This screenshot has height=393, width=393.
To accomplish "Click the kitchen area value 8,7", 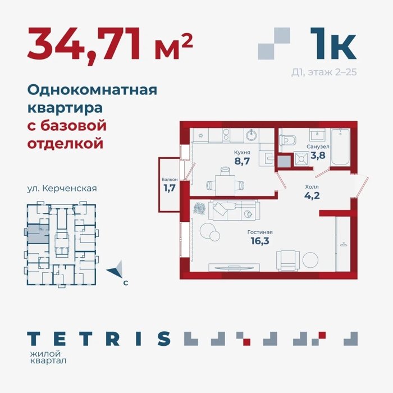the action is click(x=242, y=161).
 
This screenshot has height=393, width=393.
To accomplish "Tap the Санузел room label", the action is click(x=318, y=147).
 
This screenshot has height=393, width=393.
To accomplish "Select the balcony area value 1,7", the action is click(x=170, y=188).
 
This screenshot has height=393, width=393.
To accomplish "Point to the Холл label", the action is click(x=312, y=187).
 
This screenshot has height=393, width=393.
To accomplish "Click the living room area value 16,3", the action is click(x=260, y=241).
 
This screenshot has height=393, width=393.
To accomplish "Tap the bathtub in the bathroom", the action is click(x=340, y=147).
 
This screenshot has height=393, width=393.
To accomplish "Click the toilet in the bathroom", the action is click(x=287, y=140).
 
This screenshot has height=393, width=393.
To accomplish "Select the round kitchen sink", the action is click(x=251, y=136).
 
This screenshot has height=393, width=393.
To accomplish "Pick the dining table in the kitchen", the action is click(x=225, y=185).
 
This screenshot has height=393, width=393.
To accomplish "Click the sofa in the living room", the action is click(x=236, y=211).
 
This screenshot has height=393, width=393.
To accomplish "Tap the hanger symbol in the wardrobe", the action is click(x=344, y=244).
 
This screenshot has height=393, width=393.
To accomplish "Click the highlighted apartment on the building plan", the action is click(x=38, y=234).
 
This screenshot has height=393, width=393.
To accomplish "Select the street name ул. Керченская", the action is click(x=62, y=189).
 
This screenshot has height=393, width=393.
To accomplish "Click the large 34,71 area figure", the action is click(x=84, y=44).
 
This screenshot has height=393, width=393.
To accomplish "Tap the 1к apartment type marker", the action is click(x=333, y=43).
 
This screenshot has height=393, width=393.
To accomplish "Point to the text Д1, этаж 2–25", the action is click(x=324, y=72).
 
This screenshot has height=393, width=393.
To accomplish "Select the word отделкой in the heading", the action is click(x=65, y=144).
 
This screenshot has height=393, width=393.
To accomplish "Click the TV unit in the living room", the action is click(x=234, y=267).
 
